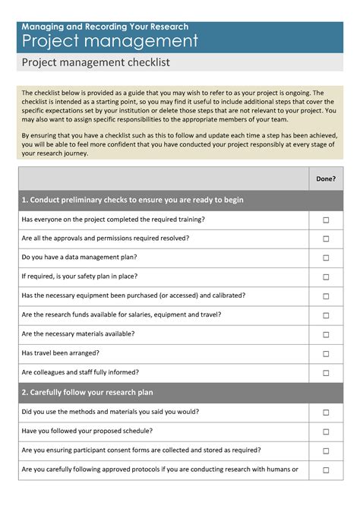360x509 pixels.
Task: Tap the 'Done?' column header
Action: tap(326, 179)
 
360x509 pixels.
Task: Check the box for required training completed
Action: tap(326, 220)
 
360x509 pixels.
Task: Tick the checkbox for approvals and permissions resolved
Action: tap(326, 239)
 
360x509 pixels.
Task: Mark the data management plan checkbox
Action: tap(326, 258)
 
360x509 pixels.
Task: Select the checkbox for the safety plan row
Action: tap(326, 277)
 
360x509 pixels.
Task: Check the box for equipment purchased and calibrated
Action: tap(326, 296)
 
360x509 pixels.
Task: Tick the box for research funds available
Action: tap(326, 315)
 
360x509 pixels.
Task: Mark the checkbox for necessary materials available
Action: tap(326, 334)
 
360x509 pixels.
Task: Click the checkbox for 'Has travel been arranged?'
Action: tap(326, 354)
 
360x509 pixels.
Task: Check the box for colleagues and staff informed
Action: tap(326, 373)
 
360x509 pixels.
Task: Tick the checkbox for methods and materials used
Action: tap(326, 413)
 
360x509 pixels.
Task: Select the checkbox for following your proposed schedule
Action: tap(326, 432)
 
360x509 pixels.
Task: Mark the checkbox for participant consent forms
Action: tap(326, 451)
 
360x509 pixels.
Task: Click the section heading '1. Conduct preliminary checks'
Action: tap(133, 200)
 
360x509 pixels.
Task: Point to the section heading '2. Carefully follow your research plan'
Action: tap(87, 393)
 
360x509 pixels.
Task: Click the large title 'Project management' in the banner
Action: tap(110, 40)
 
